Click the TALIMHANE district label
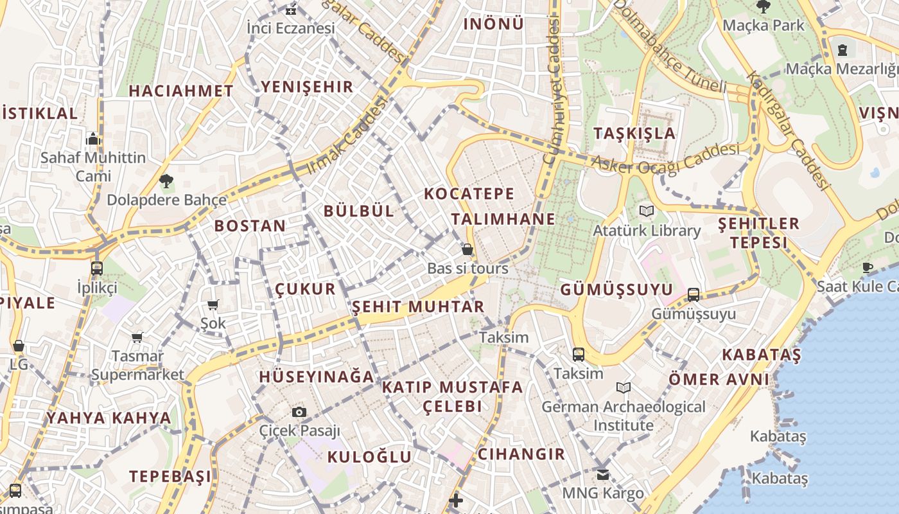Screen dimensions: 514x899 click(x=503, y=218)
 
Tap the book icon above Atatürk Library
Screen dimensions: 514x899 click(x=647, y=211)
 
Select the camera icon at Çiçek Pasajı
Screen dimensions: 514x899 click(x=299, y=412)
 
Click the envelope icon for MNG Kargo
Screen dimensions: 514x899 click(x=602, y=475)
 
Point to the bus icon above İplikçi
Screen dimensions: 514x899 click(x=97, y=268)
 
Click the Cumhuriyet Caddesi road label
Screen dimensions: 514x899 click(x=552, y=90)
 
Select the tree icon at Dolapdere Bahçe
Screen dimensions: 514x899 click(x=166, y=181)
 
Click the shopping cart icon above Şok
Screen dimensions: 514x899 click(x=213, y=305)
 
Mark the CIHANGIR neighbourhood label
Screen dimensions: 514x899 click(x=521, y=454)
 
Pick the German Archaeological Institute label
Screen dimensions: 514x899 click(x=624, y=416)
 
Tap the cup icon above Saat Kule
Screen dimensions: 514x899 click(x=868, y=267)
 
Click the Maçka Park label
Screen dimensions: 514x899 click(x=764, y=25)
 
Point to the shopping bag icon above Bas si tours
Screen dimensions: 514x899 click(x=467, y=249)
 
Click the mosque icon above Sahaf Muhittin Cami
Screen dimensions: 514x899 click(x=93, y=139)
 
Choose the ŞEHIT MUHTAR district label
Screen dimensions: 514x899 click(x=418, y=306)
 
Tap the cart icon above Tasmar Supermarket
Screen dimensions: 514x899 click(x=137, y=337)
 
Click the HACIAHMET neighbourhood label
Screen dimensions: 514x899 click(x=181, y=91)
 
